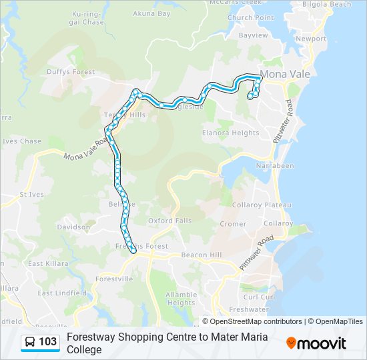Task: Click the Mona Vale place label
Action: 285,74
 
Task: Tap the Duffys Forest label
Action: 71,72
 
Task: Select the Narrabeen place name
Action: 275,165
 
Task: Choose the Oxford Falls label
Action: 169,221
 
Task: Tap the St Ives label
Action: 31,195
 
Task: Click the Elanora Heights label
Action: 231,133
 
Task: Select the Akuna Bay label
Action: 153,13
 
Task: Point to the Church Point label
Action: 250,17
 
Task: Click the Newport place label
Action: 311,39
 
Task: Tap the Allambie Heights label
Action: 181,298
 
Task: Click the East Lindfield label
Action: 62,293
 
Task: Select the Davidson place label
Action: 73,227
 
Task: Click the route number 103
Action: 48,342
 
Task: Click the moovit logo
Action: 316,343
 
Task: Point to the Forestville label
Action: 114,279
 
